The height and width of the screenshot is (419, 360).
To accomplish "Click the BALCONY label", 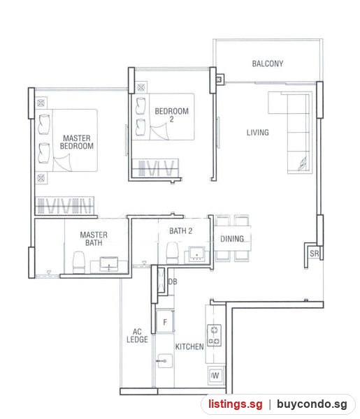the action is pyautogui.click(x=268, y=64).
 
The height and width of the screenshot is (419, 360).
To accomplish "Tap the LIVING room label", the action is pyautogui.click(x=257, y=132).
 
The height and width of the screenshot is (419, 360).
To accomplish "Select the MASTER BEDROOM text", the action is pyautogui.click(x=77, y=142).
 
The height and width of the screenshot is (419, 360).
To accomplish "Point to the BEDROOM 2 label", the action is pyautogui.click(x=171, y=115).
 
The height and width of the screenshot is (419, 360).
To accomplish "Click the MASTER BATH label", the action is pyautogui.click(x=94, y=239).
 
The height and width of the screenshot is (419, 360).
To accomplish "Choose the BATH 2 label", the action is pyautogui.click(x=181, y=231).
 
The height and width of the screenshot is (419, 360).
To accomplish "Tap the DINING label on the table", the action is pyautogui.click(x=232, y=239).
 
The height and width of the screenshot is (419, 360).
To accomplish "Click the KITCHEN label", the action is pyautogui.click(x=189, y=346).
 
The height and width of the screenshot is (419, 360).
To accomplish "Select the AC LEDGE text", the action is pyautogui.click(x=137, y=336).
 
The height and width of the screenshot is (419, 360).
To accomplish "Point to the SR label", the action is pyautogui.click(x=315, y=253).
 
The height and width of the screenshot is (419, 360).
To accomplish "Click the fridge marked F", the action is pyautogui.click(x=165, y=321).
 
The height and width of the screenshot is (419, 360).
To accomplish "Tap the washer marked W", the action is pyautogui.click(x=215, y=375).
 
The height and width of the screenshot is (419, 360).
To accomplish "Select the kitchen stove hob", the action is pyautogui.click(x=214, y=335).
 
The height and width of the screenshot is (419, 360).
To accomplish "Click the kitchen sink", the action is pyautogui.click(x=165, y=361).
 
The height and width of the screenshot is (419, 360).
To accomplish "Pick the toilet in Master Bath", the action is pyautogui.click(x=79, y=262).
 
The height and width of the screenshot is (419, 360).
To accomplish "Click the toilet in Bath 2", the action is pyautogui.click(x=172, y=253).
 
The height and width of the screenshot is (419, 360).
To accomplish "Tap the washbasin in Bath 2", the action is pyautogui.click(x=197, y=253).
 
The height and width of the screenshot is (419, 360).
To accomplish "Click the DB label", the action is pyautogui.click(x=173, y=281).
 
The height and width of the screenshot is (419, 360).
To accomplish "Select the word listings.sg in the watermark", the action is pyautogui.click(x=236, y=404).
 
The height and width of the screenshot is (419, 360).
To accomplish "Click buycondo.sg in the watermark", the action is pyautogui.click(x=312, y=404).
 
